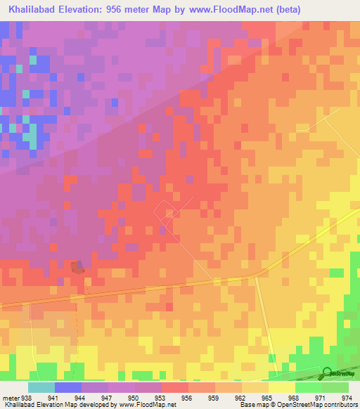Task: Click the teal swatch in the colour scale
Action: coord(41,387)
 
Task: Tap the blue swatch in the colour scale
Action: coord(67,387)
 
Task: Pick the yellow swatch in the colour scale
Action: coord(281,387)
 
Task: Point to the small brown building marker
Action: coord(77,267)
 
